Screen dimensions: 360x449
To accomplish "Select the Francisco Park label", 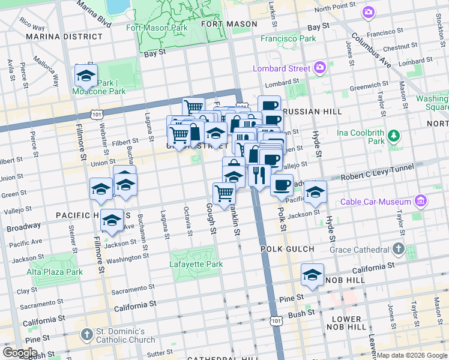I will click(288, 38).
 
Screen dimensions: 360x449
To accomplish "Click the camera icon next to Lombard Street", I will click(320, 68).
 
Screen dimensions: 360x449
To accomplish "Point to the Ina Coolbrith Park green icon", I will click(394, 134).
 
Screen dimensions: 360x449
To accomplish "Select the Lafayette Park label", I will click(196, 264).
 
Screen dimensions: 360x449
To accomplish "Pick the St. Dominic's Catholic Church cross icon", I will click(86, 334).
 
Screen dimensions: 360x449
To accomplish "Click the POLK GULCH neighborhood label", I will click(287, 248).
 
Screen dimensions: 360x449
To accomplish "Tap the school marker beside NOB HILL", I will click(312, 275).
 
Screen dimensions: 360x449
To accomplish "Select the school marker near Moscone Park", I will click(86, 76).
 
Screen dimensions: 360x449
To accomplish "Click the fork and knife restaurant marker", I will click(259, 175).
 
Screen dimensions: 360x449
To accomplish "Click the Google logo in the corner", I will click(20, 353).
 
